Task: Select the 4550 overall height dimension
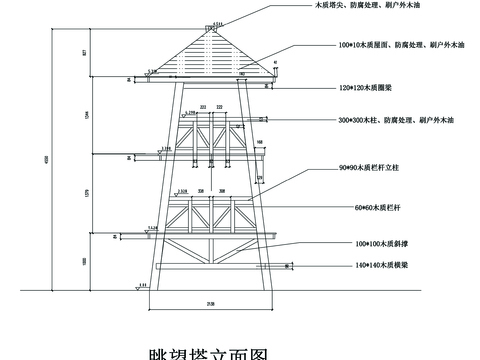click(x=43, y=160)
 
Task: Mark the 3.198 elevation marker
click(x=151, y=72)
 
